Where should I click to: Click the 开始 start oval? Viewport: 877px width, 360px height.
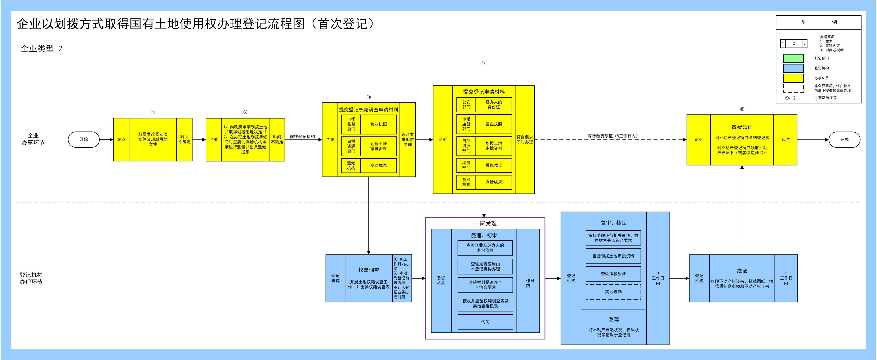84,139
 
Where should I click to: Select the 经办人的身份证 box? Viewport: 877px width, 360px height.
493,105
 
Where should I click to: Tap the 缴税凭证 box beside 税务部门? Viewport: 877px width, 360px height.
493,165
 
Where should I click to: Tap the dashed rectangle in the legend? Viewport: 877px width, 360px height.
793,88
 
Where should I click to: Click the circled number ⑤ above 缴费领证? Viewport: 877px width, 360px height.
742,109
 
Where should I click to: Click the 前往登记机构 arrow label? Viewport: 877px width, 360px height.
302,137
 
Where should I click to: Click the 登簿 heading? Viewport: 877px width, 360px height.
614,319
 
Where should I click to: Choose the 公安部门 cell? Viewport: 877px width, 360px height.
466,105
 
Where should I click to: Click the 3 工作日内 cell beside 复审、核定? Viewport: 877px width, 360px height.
658,278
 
